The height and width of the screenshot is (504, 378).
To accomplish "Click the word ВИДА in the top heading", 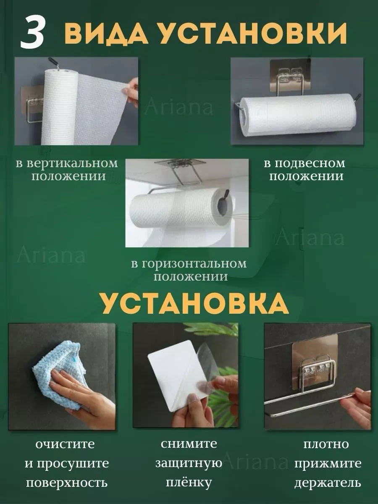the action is click(106, 33).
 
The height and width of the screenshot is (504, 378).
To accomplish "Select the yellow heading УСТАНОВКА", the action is click(194, 303).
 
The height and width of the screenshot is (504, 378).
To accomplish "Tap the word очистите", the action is click(65, 444).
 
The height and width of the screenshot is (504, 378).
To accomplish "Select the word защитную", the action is click(189, 463).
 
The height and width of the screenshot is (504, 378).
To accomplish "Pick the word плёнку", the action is click(189, 483).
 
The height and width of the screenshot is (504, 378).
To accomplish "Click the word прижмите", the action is click(328, 464).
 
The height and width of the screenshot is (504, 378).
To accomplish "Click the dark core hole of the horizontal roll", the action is click(223, 208).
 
